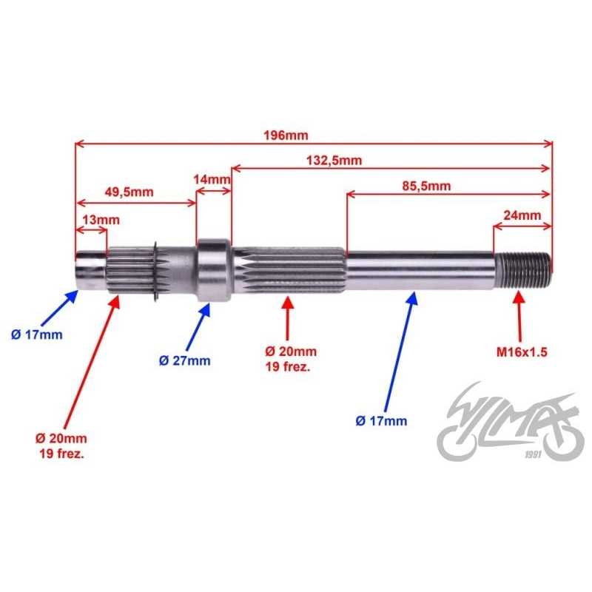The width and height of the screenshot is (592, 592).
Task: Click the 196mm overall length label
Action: click(286, 135)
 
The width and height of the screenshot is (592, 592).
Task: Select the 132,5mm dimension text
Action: click(334, 161)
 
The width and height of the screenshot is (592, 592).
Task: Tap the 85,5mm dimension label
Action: click(426, 186)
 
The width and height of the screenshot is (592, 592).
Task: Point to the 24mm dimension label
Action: click(522, 215)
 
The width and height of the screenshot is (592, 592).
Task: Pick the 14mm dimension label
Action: click(212, 179)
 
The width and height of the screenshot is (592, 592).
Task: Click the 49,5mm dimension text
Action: click(129, 192)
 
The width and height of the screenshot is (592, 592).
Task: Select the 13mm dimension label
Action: click(101, 220)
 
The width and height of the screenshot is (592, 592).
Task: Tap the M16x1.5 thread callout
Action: click(522, 352)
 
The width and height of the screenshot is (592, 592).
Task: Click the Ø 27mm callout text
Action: click(184, 360)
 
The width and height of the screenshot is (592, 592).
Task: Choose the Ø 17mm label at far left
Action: click(36, 334)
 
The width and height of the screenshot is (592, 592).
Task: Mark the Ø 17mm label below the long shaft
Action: click(381, 420)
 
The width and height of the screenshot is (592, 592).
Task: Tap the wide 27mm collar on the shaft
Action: click(213, 269)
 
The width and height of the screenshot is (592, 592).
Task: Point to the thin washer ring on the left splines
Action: click(155, 272)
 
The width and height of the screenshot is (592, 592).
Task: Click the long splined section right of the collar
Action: click(289, 269)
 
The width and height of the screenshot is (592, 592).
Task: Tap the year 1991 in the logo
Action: click(533, 454)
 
